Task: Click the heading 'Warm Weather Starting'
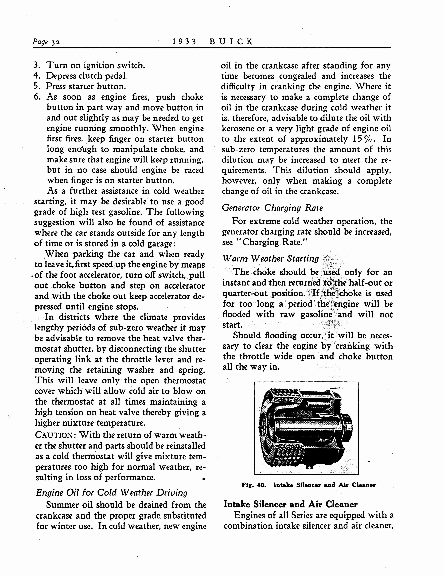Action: point(271,258)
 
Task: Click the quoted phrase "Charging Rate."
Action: point(268,242)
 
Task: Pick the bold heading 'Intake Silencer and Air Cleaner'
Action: point(290,504)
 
